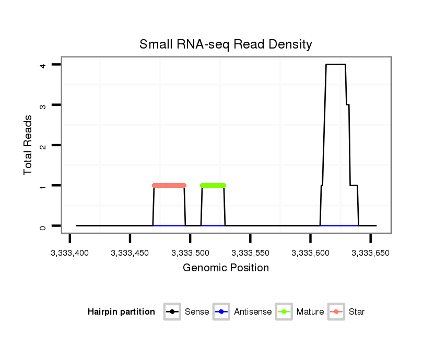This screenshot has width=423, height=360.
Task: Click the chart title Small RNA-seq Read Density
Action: click(226, 44)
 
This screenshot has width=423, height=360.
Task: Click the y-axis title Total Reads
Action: click(28, 145)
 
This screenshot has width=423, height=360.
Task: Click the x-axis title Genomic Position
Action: click(226, 268)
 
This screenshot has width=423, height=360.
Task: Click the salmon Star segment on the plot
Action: click(169, 185)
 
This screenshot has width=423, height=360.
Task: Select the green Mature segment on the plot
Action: click(213, 185)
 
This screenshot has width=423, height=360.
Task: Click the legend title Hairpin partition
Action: click(121, 312)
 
